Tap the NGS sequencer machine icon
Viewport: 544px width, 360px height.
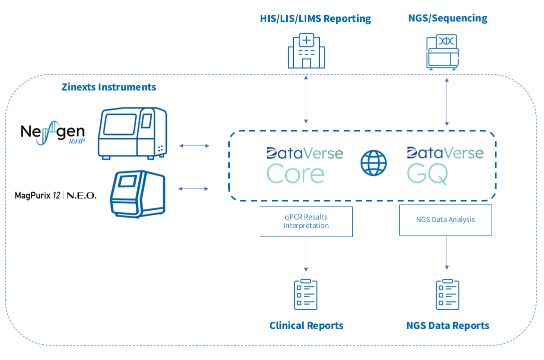(442, 51)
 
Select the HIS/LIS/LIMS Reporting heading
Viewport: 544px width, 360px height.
(315, 19)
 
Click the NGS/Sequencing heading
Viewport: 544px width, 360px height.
(448, 18)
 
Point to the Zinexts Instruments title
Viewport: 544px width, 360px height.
(109, 87)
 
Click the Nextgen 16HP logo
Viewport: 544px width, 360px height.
(52, 133)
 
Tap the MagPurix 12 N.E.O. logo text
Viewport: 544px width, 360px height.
(55, 195)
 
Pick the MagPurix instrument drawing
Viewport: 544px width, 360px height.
(138, 193)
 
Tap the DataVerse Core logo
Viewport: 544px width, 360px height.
(305, 165)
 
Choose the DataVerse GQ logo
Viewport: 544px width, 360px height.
(445, 165)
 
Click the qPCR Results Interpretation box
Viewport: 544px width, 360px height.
(306, 221)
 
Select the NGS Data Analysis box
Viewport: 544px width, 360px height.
(445, 219)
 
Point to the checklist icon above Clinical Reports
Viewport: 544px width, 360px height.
(306, 294)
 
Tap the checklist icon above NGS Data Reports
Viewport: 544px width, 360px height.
(447, 294)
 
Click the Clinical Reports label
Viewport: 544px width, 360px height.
(306, 325)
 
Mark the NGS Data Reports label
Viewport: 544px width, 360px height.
(448, 325)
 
